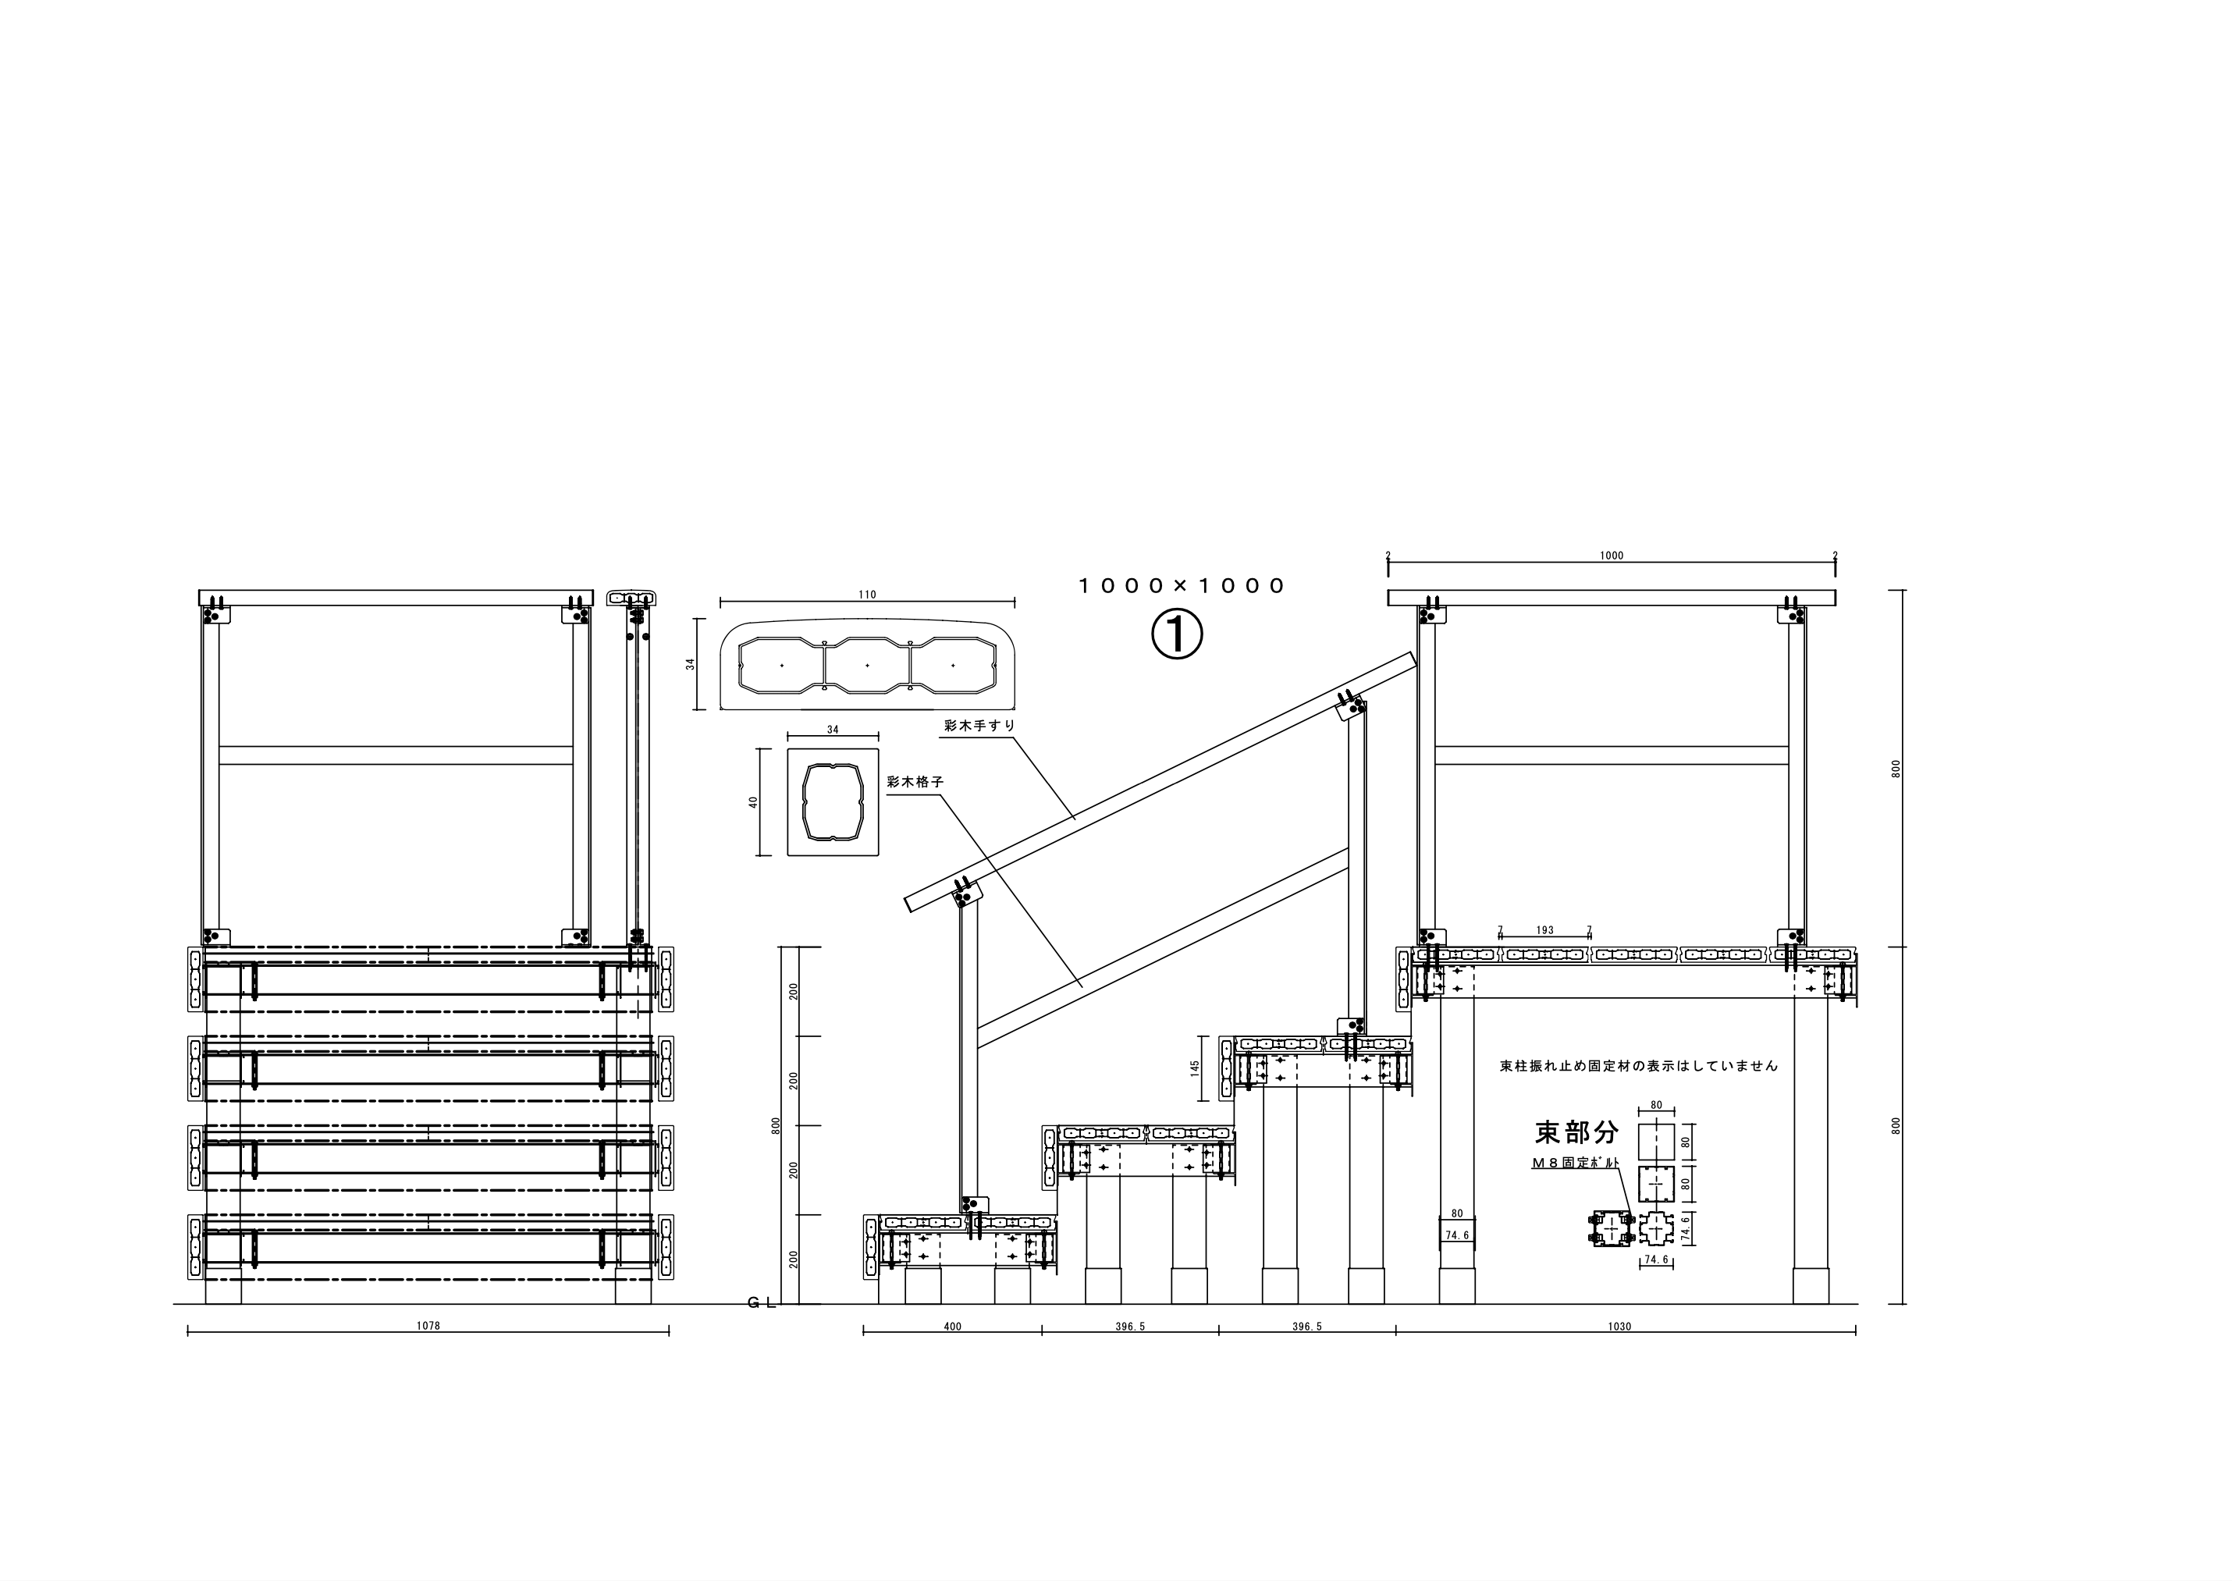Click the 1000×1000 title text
click(x=1182, y=586)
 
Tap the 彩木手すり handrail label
click(x=979, y=725)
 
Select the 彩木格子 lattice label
click(x=915, y=782)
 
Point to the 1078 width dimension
click(x=428, y=1325)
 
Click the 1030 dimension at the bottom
click(x=1619, y=1326)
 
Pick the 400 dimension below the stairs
click(x=953, y=1326)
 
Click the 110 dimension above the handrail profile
click(x=867, y=595)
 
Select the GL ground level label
click(x=762, y=1303)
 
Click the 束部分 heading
click(x=1577, y=1132)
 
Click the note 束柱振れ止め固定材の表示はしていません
click(x=1639, y=1066)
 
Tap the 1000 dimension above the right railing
click(x=1612, y=556)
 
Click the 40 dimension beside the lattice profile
click(x=752, y=802)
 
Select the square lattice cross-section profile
click(x=832, y=802)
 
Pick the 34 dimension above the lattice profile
click(x=832, y=729)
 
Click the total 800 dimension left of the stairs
click(x=776, y=1125)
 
